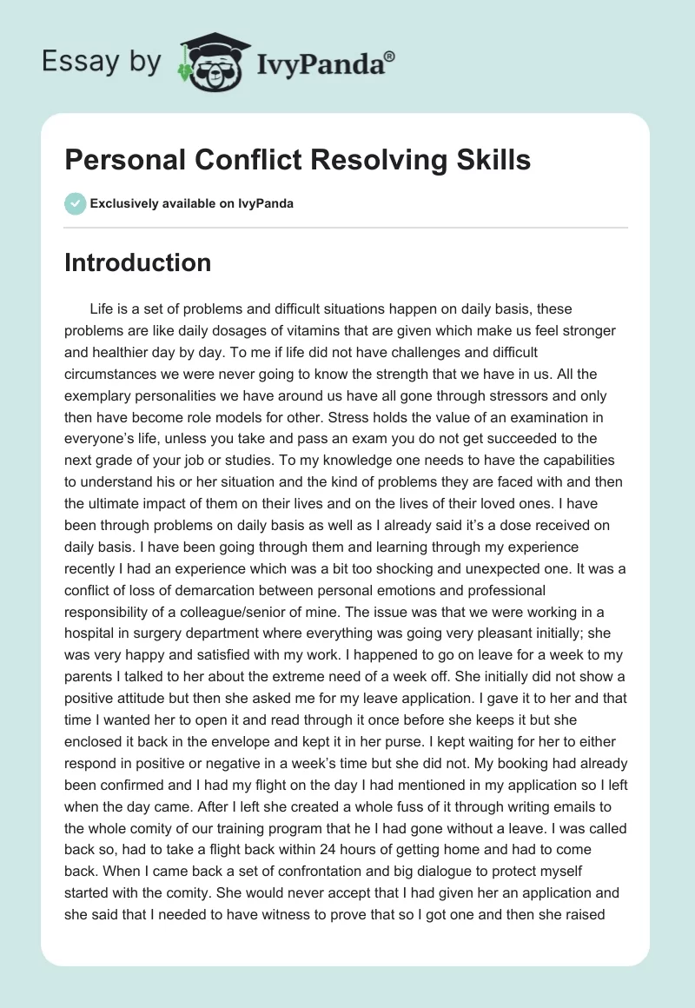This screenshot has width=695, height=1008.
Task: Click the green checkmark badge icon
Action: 75,203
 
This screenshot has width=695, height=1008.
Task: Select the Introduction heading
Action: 137,262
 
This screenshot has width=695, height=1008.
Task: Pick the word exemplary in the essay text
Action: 102,395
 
